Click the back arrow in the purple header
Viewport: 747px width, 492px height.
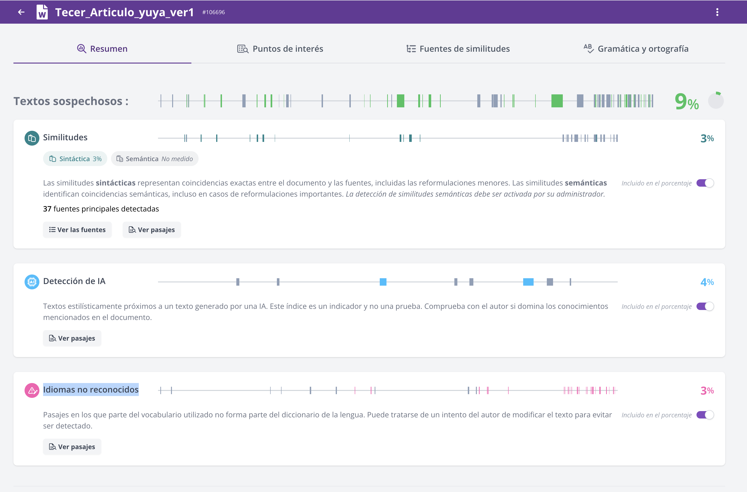21,12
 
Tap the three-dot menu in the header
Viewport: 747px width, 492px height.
717,12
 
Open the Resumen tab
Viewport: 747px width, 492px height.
102,49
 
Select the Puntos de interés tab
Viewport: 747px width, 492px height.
280,49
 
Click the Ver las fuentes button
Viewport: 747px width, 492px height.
77,230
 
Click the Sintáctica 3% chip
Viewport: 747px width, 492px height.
75,159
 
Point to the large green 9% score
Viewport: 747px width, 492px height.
687,102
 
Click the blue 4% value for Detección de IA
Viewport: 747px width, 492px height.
707,282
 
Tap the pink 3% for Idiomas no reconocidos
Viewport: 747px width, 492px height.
707,390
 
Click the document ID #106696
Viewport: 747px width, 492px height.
213,12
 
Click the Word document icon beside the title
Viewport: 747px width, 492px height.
42,12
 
